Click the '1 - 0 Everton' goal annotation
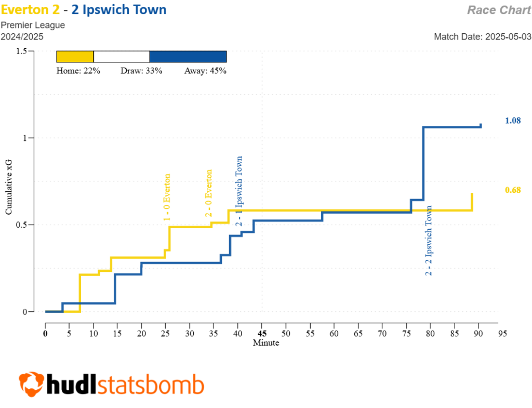(167, 198)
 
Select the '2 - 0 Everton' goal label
(209, 193)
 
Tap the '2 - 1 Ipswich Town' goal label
(239, 191)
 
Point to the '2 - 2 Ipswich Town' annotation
(429, 240)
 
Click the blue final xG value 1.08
(513, 121)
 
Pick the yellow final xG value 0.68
(513, 190)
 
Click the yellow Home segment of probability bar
(75, 57)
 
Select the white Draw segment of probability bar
(122, 57)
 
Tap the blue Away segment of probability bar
(188, 57)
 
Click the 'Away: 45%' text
(205, 71)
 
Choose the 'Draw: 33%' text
(141, 71)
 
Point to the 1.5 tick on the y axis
(21, 51)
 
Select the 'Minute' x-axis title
(265, 343)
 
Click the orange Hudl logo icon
(31, 384)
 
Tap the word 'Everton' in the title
(26, 9)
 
